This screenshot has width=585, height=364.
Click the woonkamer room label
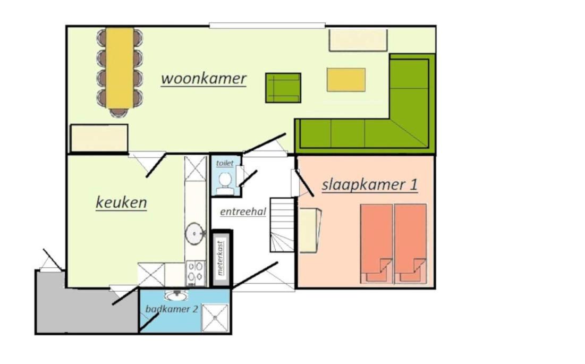204,79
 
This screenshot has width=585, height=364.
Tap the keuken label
121,202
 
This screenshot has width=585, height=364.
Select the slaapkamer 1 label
370,185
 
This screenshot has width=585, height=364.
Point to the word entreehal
243,212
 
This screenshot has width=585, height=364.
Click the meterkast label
221,258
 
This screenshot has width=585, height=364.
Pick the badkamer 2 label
172,309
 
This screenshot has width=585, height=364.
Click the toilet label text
225,163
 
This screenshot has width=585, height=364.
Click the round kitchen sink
195,233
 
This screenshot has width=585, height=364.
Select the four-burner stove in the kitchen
196,273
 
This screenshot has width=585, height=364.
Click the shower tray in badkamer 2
215,317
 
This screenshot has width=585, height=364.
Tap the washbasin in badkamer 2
176,296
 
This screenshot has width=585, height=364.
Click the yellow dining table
120,68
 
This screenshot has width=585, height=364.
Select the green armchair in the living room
283,88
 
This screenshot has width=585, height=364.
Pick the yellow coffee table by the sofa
346,79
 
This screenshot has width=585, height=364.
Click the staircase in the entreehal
283,225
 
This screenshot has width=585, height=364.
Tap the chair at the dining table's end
119,112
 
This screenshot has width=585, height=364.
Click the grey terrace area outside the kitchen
87,311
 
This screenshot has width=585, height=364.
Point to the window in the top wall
267,26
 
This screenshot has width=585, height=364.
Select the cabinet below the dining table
99,138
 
